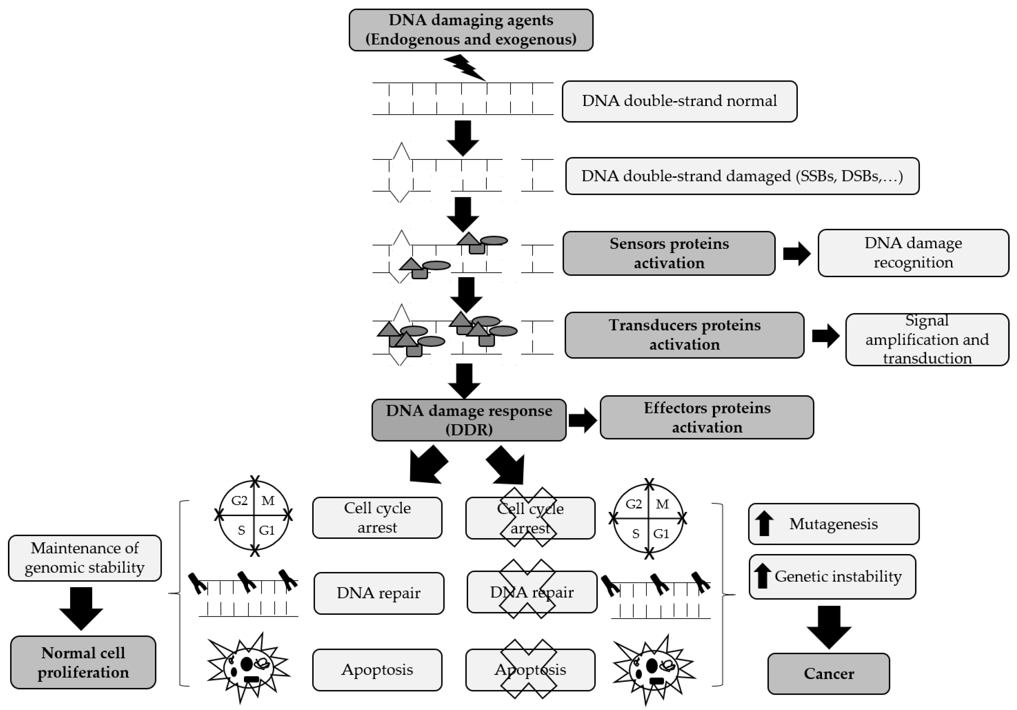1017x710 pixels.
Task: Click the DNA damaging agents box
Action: [470, 30]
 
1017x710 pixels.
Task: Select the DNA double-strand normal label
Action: [679, 101]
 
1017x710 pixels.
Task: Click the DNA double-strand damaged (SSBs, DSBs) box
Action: [742, 176]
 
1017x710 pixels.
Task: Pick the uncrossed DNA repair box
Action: [379, 593]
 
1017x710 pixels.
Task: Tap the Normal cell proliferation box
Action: [83, 663]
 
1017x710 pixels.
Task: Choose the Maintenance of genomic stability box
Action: [85, 558]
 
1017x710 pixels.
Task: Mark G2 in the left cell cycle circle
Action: [239, 501]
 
